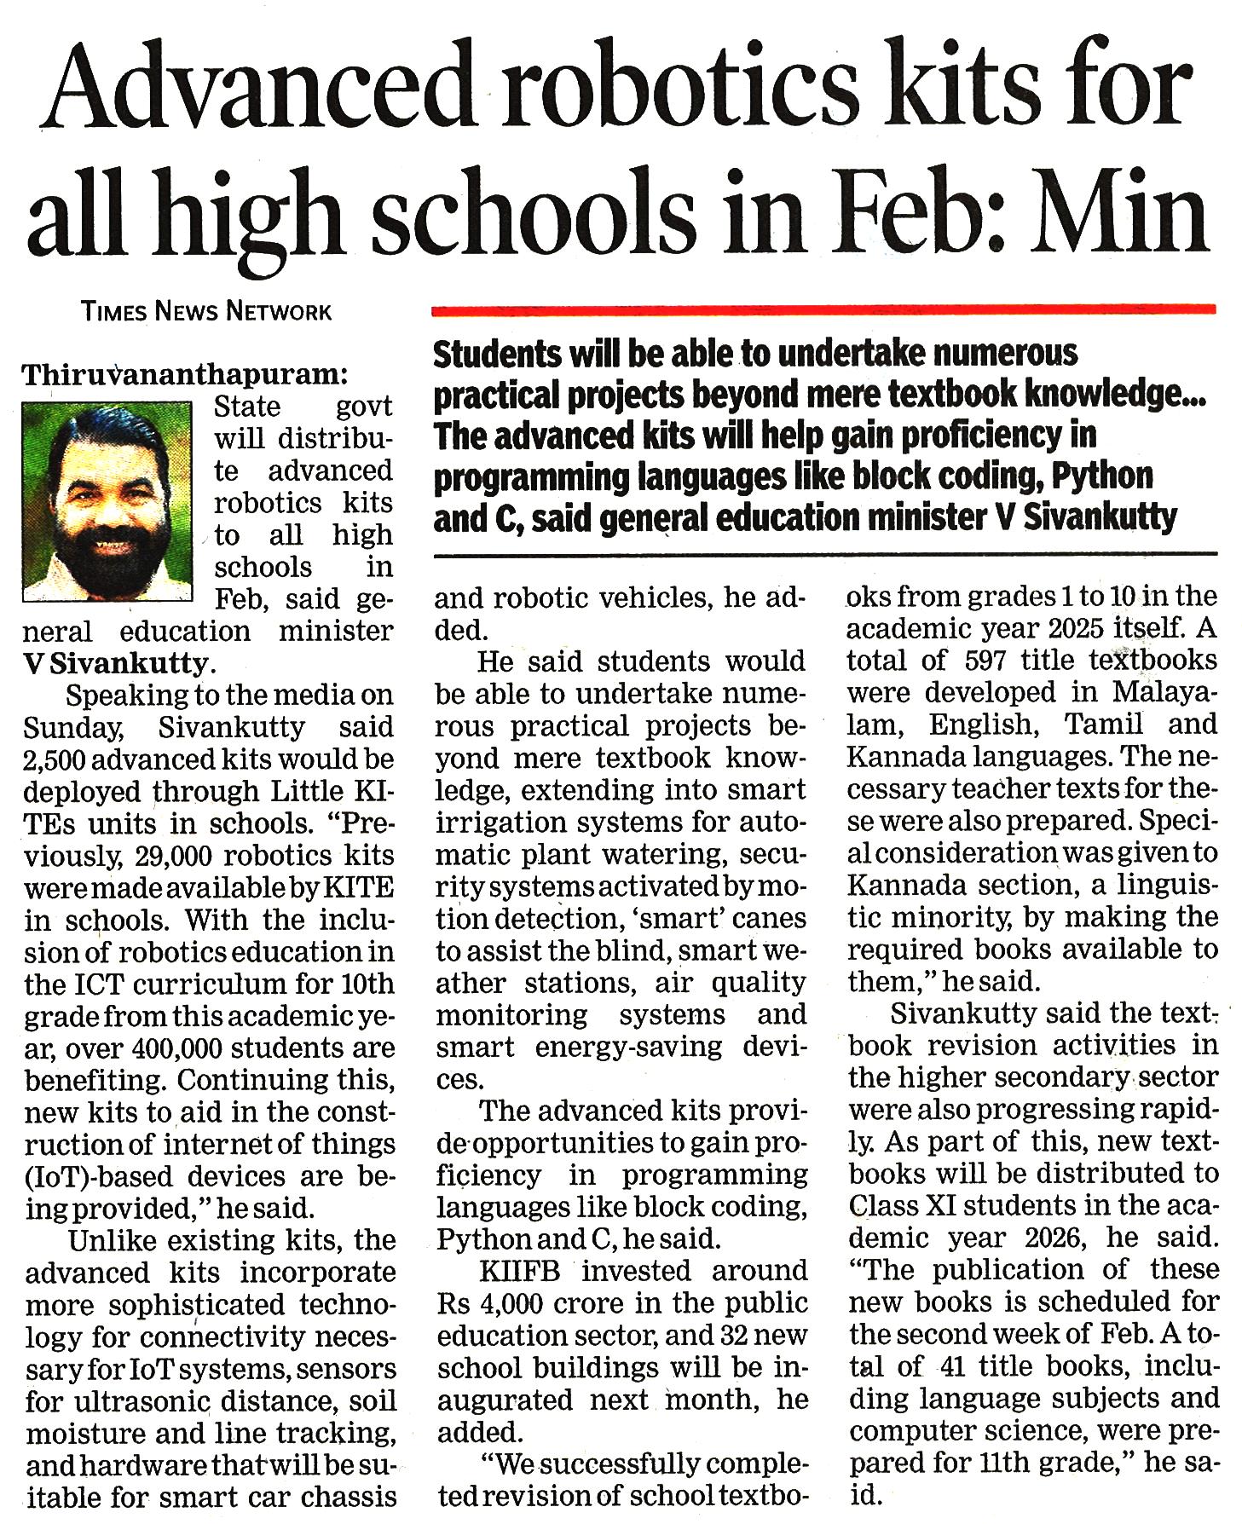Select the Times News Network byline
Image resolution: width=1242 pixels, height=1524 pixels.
(206, 311)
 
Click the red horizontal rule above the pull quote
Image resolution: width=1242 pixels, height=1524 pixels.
(823, 309)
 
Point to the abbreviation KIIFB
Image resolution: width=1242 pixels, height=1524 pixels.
(520, 1271)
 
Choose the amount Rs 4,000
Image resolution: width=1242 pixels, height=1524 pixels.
(489, 1303)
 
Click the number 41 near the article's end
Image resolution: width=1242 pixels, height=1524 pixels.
(952, 1365)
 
